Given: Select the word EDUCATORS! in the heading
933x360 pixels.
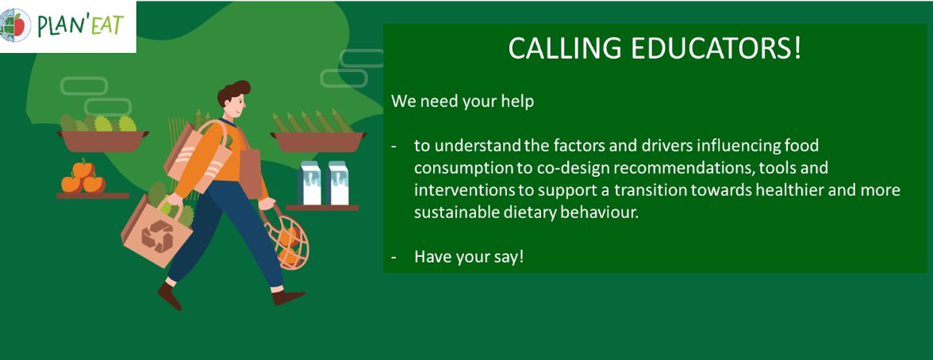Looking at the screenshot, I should tap(713, 49).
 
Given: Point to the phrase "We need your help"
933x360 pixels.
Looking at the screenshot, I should tap(462, 101).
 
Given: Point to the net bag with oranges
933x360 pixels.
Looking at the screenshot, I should tap(288, 241).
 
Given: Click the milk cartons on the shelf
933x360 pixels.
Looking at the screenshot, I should tap(323, 183).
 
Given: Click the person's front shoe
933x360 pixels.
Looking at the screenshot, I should tap(289, 297).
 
